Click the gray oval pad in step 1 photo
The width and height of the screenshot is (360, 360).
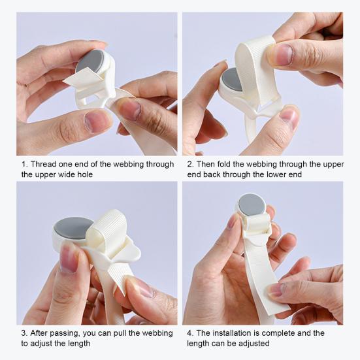pyautogui.click(x=90, y=61)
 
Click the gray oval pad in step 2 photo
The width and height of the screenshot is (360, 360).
pyautogui.click(x=232, y=80)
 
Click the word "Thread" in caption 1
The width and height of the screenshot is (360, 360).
pyautogui.click(x=43, y=164)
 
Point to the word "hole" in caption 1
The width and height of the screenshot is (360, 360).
pyautogui.click(x=85, y=174)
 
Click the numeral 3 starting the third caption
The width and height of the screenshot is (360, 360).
pyautogui.click(x=24, y=333)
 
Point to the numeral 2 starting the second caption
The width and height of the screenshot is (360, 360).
pyautogui.click(x=189, y=165)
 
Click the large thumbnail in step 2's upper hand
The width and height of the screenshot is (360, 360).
pyautogui.click(x=282, y=55)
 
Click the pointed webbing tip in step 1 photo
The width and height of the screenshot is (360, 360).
pyautogui.click(x=63, y=81)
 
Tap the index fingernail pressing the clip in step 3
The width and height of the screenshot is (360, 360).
pyautogui.click(x=68, y=257)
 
